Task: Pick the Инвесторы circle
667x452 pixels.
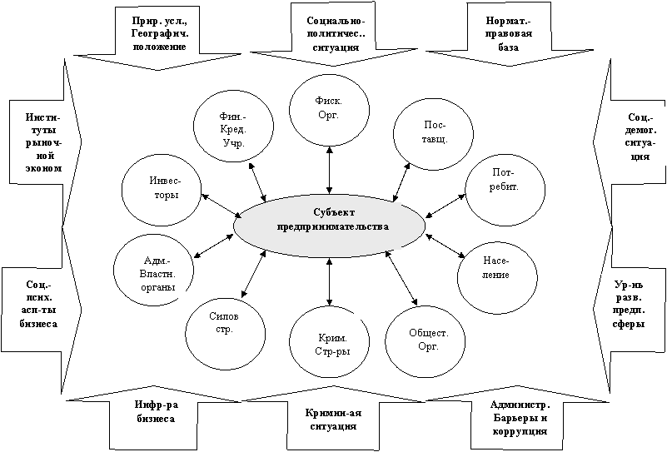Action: [x=161, y=188]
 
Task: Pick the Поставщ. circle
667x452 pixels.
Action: [x=431, y=132]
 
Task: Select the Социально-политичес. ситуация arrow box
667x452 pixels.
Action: [x=331, y=32]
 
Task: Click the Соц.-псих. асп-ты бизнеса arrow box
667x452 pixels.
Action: [x=36, y=304]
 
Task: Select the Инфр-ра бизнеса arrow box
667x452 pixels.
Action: [x=156, y=413]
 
